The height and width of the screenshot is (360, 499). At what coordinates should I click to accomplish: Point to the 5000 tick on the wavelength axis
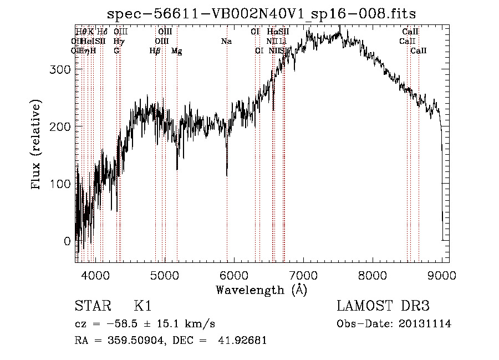click(x=164, y=276)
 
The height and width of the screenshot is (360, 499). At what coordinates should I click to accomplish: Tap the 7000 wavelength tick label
click(x=303, y=276)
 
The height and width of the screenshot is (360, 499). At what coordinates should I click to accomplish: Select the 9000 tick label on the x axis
click(x=442, y=276)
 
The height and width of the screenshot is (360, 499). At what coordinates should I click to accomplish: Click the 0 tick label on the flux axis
click(x=67, y=241)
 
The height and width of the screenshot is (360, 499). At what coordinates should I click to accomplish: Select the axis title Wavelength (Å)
click(x=261, y=290)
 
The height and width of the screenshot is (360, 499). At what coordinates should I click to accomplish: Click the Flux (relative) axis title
click(x=37, y=146)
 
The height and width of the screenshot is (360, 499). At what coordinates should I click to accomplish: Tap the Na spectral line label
click(x=226, y=41)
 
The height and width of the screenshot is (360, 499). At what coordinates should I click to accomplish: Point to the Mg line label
click(x=176, y=51)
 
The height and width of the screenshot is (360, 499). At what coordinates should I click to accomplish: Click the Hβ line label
click(x=155, y=51)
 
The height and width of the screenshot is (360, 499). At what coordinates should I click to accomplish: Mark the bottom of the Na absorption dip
click(x=227, y=176)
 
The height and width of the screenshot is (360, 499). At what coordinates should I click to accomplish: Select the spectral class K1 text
click(x=142, y=306)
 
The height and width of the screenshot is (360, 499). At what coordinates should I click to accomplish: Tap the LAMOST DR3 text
click(x=383, y=306)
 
